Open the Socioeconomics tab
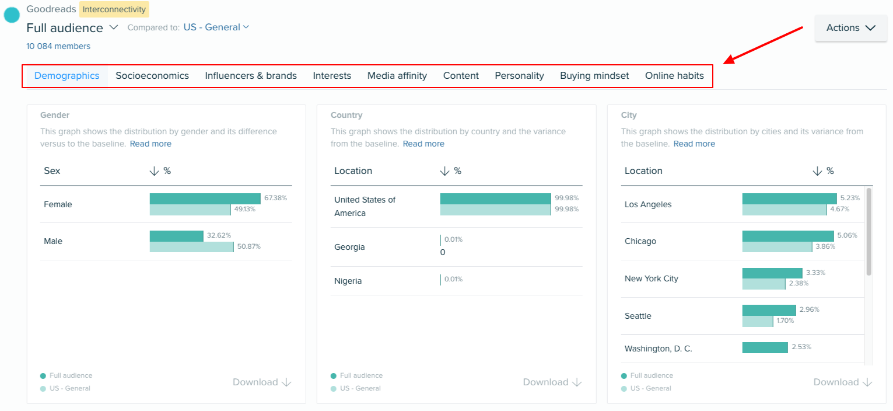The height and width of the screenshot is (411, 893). [x=152, y=76]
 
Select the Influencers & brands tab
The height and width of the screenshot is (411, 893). [x=251, y=76]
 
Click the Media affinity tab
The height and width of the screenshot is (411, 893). [x=397, y=76]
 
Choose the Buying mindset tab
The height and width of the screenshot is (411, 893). [x=594, y=76]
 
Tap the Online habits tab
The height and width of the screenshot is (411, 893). [x=674, y=76]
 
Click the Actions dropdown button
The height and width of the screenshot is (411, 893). [x=850, y=28]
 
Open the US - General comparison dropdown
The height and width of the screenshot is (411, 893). [x=216, y=27]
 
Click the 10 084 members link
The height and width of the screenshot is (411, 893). [x=58, y=46]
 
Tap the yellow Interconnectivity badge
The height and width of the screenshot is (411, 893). [x=114, y=9]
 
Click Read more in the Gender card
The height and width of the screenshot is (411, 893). [x=150, y=144]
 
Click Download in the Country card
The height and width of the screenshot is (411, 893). [x=552, y=382]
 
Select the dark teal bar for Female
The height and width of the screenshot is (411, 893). [x=205, y=199]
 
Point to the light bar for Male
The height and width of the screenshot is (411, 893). [x=191, y=247]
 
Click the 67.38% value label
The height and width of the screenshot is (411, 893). [x=275, y=198]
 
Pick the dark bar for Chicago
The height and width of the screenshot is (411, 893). [x=787, y=236]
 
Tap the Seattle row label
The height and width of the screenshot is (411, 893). [x=638, y=316]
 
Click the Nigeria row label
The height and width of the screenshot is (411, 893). [x=348, y=281]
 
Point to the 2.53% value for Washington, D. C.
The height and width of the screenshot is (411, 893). [x=801, y=347]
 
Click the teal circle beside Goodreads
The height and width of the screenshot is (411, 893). [x=12, y=15]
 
